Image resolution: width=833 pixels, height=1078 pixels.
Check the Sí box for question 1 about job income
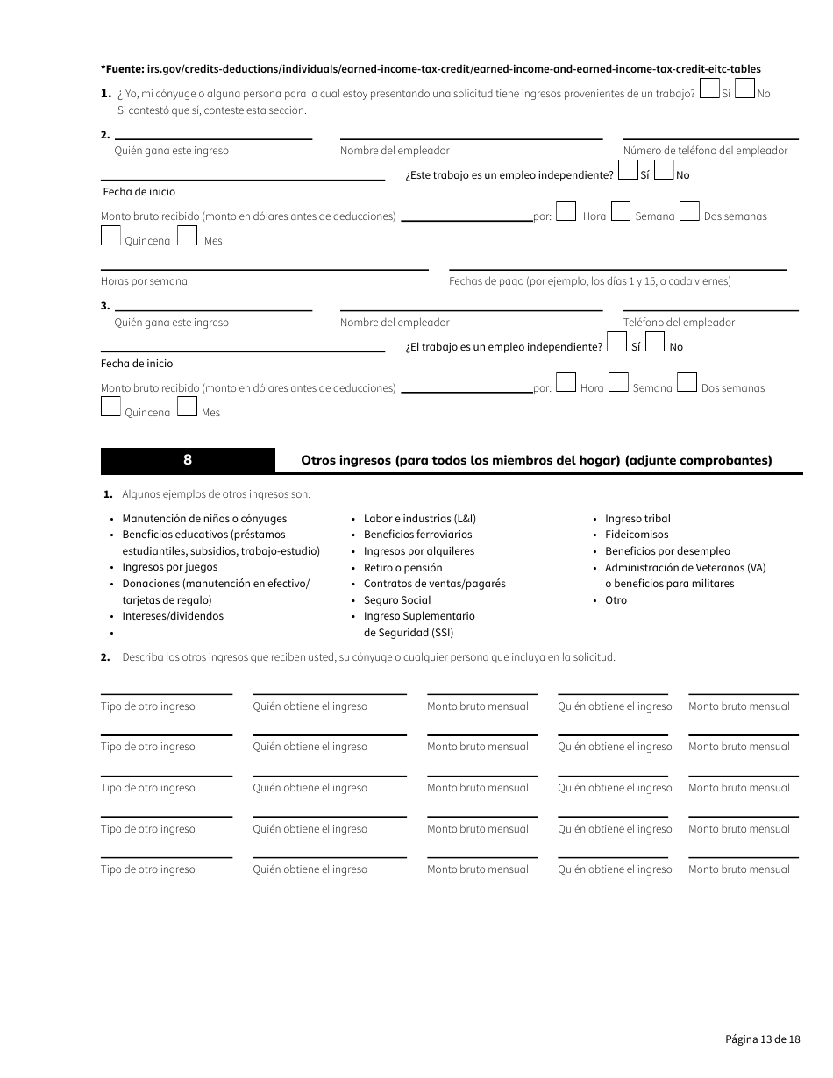(x=710, y=89)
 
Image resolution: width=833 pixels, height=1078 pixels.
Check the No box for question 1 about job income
(x=744, y=89)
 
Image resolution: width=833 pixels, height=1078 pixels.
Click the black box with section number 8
(x=188, y=460)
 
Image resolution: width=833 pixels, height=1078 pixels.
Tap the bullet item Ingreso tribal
(x=637, y=519)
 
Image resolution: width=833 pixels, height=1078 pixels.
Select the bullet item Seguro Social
(x=397, y=600)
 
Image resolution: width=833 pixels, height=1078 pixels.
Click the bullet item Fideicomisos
(x=637, y=535)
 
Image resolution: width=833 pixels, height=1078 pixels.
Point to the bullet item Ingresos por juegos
(x=169, y=567)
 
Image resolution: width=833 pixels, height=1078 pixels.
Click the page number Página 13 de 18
(x=762, y=1039)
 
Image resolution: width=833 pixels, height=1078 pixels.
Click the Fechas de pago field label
(x=589, y=281)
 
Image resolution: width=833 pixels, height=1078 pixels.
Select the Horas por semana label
(x=144, y=281)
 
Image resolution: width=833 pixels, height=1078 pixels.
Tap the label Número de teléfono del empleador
(x=705, y=151)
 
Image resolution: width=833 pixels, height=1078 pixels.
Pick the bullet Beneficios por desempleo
(x=667, y=551)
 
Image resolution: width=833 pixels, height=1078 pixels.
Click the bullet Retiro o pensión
(x=403, y=568)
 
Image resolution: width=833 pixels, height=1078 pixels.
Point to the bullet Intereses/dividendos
(x=173, y=616)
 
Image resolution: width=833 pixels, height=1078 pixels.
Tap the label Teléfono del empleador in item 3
(x=679, y=323)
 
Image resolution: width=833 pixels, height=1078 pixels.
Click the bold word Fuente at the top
(x=123, y=68)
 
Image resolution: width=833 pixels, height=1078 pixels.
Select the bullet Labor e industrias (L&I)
(x=420, y=519)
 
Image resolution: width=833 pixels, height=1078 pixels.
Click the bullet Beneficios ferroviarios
(x=417, y=535)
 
